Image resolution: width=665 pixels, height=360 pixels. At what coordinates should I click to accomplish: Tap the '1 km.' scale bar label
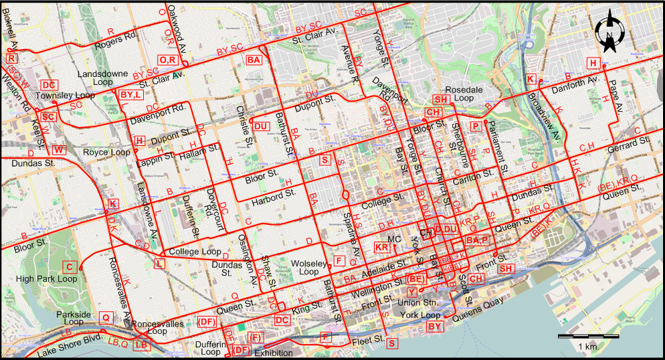tap(587, 346)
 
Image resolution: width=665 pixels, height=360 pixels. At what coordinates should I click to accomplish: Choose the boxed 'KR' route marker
tap(383, 248)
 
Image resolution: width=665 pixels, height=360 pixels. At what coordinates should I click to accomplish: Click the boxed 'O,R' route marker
tap(167, 60)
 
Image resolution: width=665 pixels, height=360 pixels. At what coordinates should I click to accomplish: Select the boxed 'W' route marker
tap(59, 150)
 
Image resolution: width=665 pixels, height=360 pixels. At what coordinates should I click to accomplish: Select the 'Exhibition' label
tap(274, 353)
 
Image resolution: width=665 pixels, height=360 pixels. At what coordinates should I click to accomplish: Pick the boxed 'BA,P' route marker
tap(478, 240)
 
